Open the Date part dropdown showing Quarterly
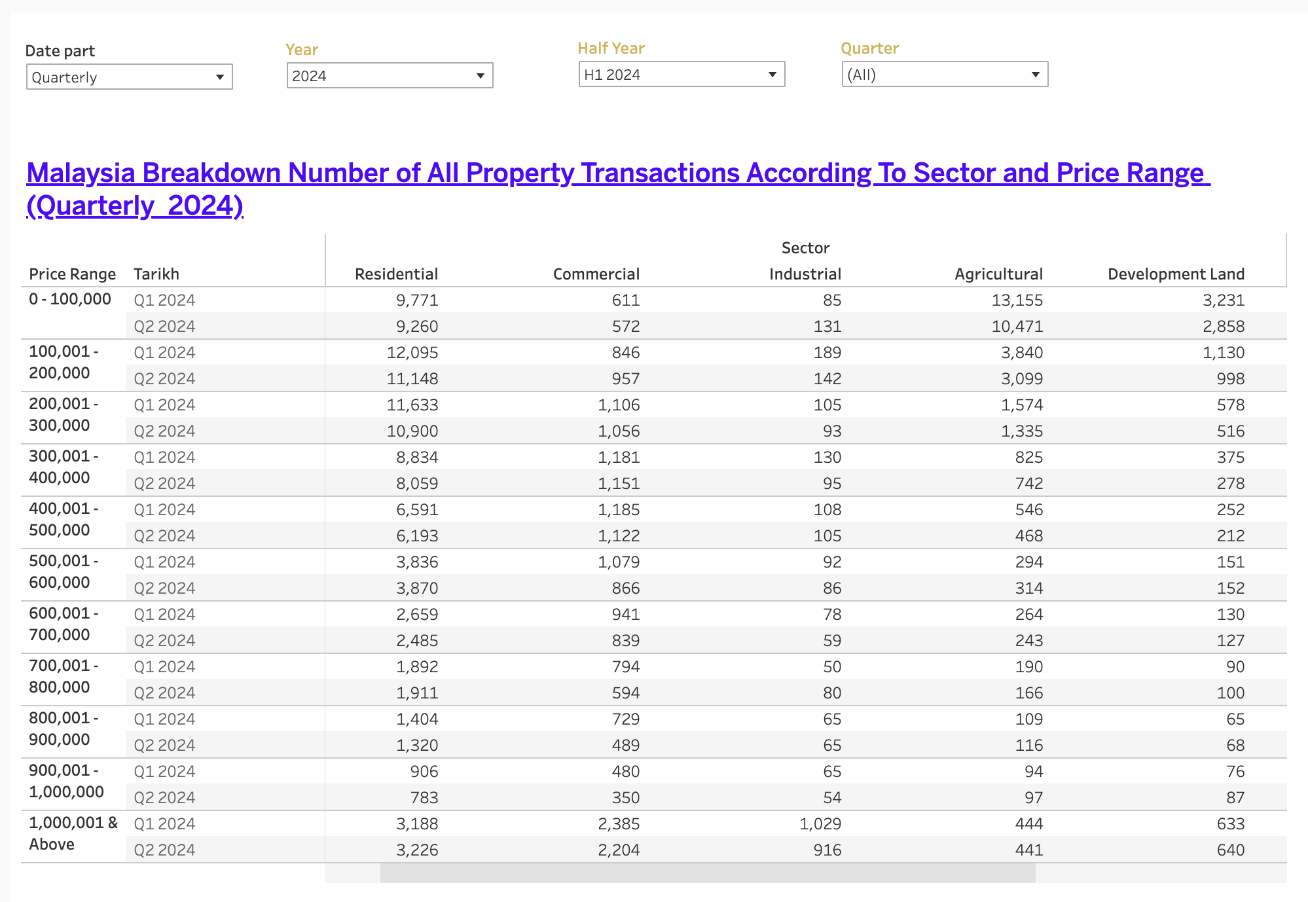(x=129, y=77)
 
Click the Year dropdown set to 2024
(x=390, y=76)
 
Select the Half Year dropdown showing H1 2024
(x=681, y=75)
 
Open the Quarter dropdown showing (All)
(x=944, y=75)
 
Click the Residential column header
(x=396, y=274)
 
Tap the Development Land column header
(x=1176, y=274)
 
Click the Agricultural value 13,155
(x=1017, y=300)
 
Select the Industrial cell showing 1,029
(x=820, y=824)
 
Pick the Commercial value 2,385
(x=618, y=824)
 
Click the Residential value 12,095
(x=412, y=353)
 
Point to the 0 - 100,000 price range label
(x=70, y=300)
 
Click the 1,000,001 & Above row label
(x=72, y=833)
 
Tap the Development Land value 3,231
(x=1223, y=300)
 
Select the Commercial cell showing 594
(x=625, y=693)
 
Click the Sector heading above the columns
(x=805, y=248)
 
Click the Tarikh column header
(x=156, y=274)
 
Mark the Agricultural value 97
(x=1033, y=798)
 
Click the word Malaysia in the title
(x=81, y=173)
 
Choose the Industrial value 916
(x=827, y=850)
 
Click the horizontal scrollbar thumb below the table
(x=707, y=873)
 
